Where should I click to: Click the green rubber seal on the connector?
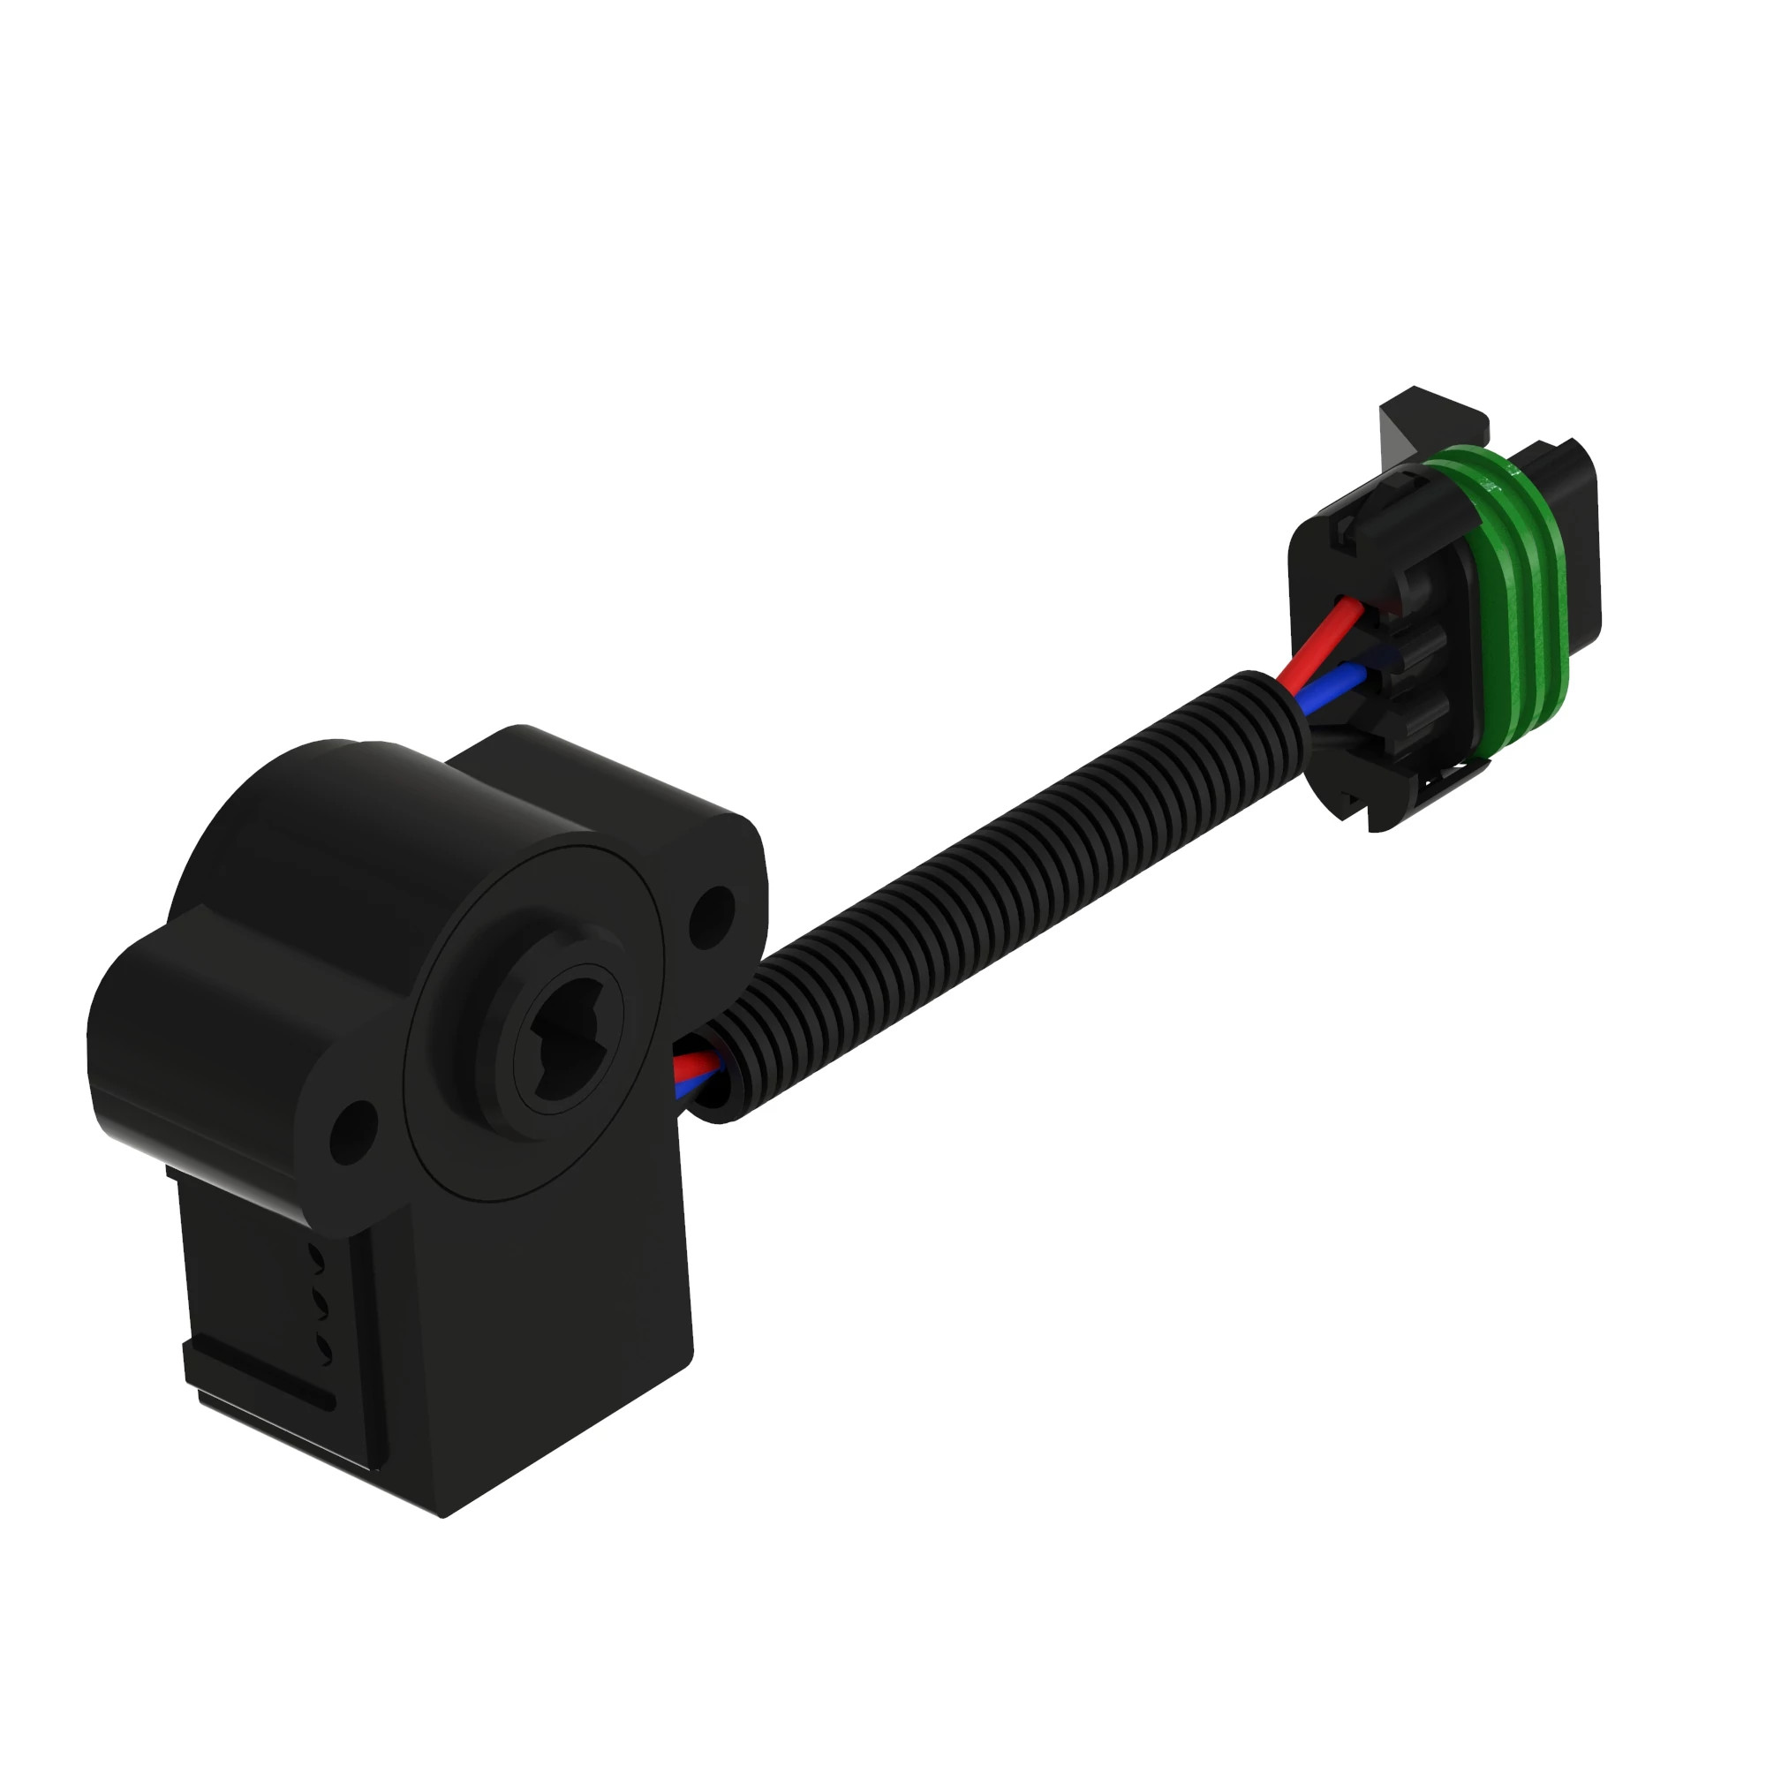click(1513, 594)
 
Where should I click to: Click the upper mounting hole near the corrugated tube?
click(712, 916)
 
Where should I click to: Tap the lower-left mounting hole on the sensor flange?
click(354, 1131)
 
